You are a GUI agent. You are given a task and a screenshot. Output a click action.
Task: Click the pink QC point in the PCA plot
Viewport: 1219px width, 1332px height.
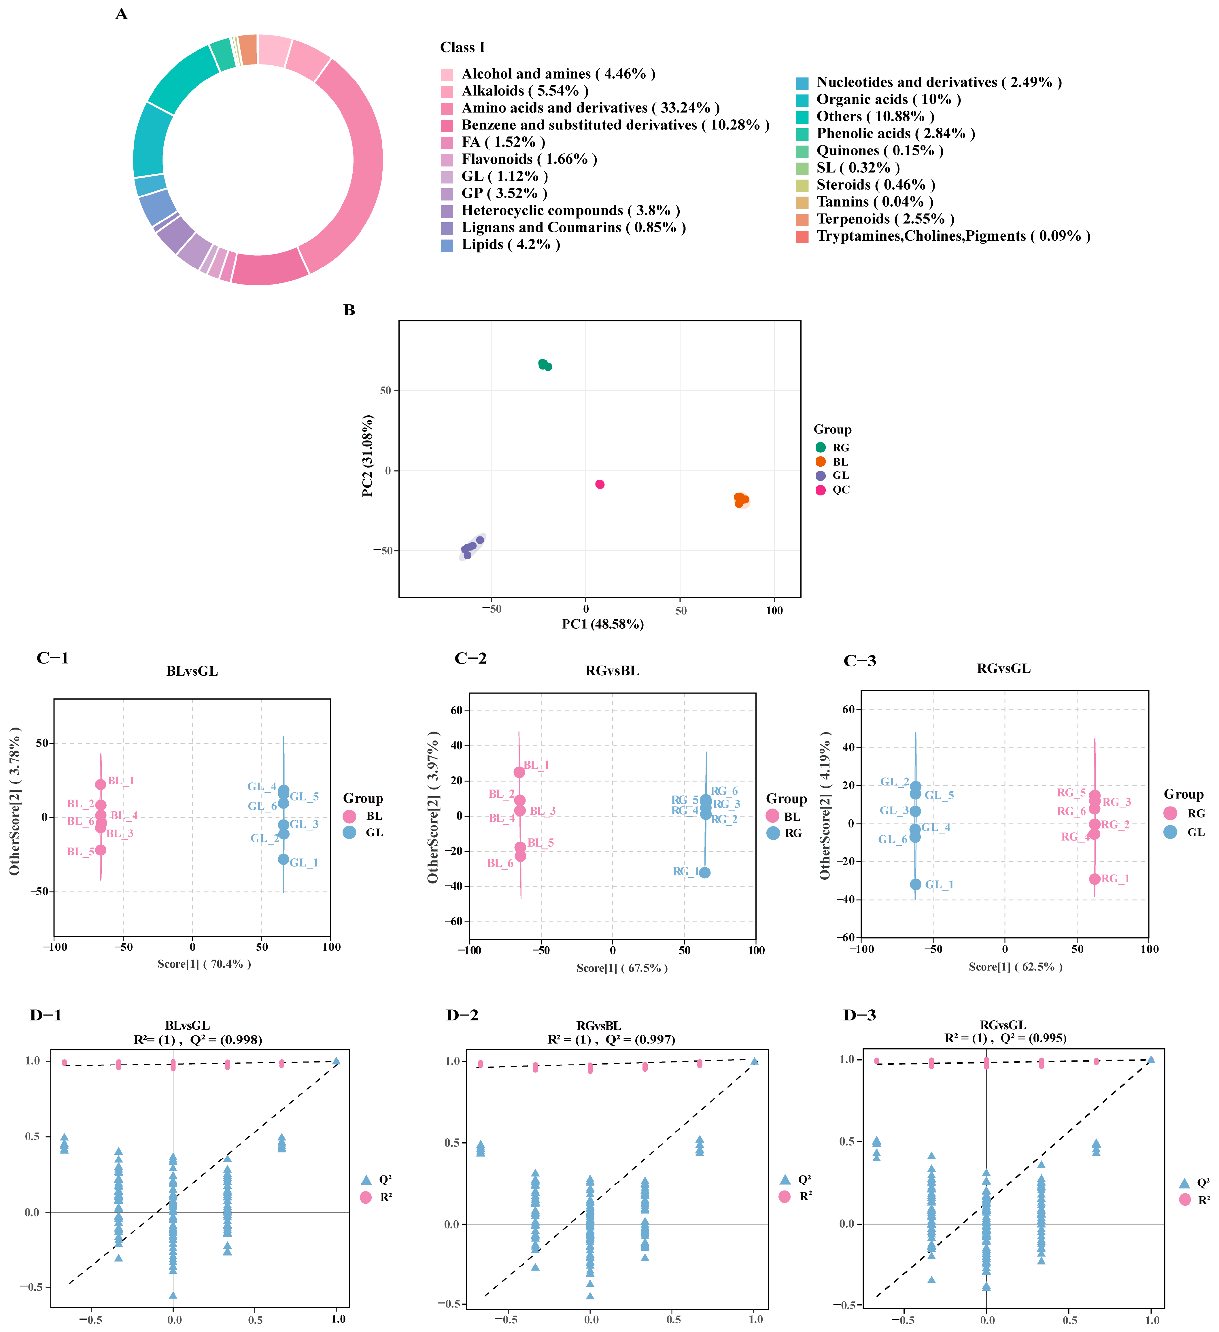point(600,484)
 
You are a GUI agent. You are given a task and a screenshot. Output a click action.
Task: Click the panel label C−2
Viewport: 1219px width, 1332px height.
point(470,659)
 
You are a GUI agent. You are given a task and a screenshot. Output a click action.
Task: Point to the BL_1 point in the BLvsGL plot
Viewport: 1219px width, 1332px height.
point(100,784)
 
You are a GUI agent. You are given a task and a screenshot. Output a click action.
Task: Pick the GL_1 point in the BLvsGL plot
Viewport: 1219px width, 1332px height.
point(283,859)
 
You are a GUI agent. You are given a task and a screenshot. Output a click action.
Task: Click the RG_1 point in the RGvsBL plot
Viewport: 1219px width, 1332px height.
point(705,872)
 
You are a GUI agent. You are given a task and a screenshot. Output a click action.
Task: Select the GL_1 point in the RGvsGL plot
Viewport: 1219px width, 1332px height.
point(915,884)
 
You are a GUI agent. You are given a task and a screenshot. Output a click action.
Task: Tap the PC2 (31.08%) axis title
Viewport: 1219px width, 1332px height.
point(368,456)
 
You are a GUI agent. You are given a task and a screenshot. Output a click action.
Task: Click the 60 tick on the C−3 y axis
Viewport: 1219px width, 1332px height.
point(848,710)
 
